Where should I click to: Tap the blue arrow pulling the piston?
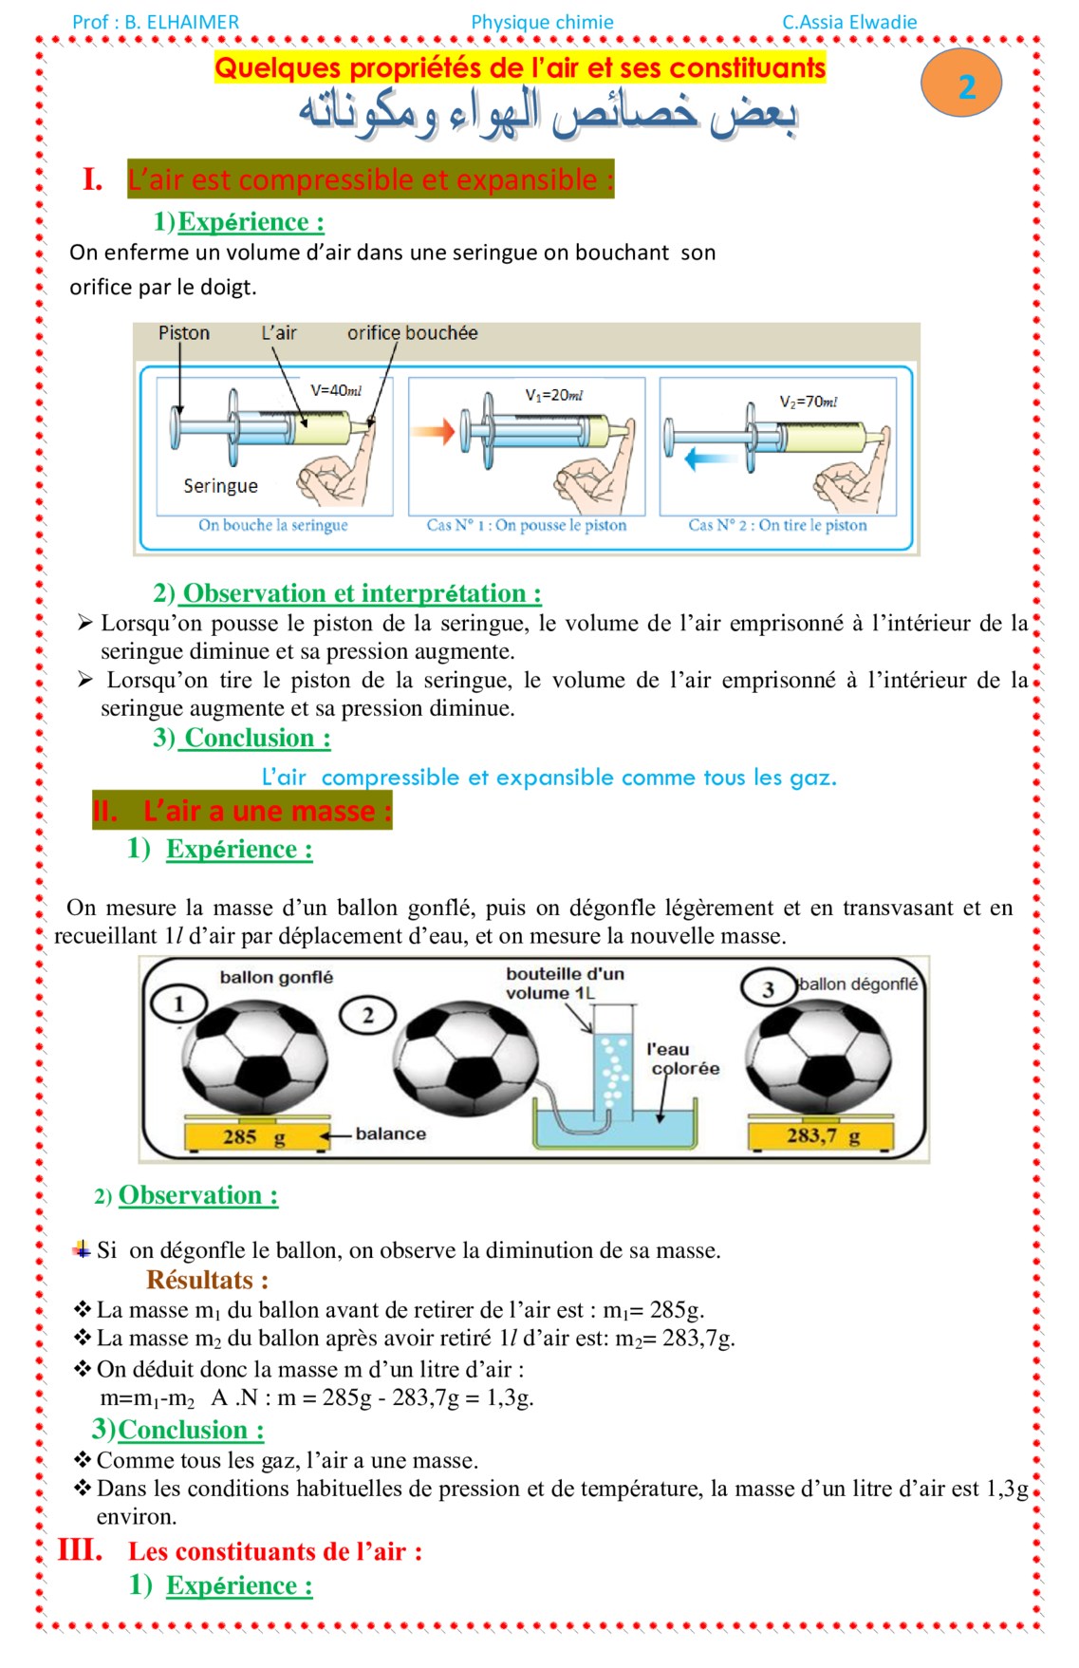tap(703, 459)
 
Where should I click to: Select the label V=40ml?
tap(336, 390)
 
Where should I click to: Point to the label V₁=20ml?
tap(554, 395)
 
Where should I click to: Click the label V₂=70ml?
tap(809, 402)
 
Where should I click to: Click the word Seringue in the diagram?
tap(220, 486)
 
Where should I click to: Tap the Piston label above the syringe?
tap(184, 333)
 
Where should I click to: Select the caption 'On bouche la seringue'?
tap(273, 525)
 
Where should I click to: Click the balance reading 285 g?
tap(253, 1136)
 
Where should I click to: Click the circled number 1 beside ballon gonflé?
tap(178, 1003)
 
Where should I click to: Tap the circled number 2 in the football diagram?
tap(368, 1015)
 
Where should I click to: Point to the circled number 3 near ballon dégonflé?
tap(768, 989)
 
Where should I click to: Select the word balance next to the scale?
tap(390, 1134)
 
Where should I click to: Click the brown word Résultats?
tap(207, 1280)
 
